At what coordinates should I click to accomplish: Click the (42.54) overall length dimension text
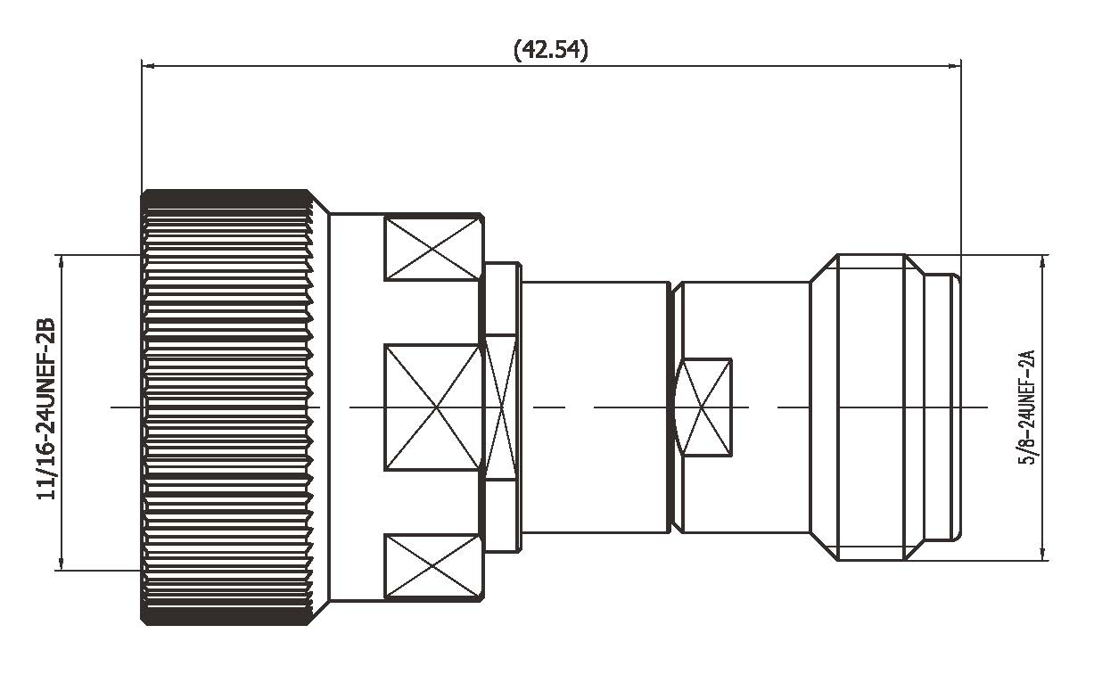coord(550,50)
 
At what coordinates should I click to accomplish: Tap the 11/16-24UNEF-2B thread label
coord(46,409)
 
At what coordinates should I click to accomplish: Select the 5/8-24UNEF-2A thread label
coord(1027,407)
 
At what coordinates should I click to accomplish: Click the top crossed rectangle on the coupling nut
coord(432,249)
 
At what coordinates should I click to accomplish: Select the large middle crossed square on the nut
coord(432,407)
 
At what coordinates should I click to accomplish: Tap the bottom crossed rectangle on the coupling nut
coord(432,567)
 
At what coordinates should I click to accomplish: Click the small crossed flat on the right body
coord(703,407)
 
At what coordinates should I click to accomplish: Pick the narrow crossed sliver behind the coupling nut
coord(500,407)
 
